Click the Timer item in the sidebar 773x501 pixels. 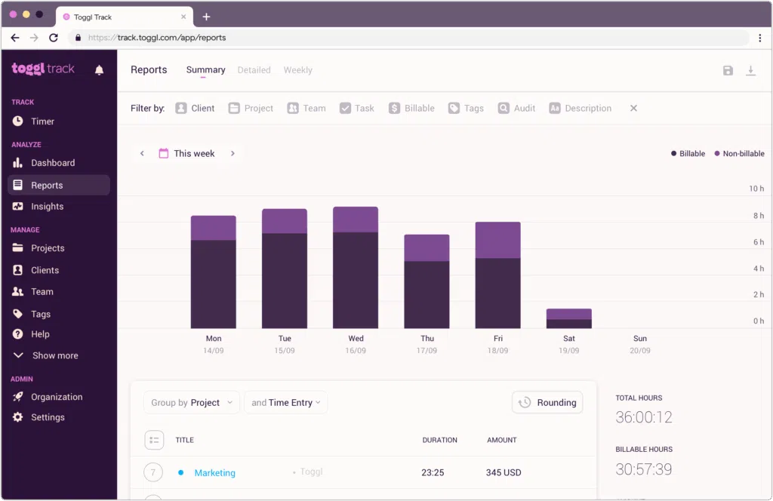(42, 121)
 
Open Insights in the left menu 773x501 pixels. (47, 207)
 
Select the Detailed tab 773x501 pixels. (254, 70)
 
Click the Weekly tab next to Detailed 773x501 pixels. (297, 70)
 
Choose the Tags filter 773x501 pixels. (466, 109)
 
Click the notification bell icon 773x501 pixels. (99, 70)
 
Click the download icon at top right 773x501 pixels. (750, 70)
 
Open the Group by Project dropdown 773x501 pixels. (192, 403)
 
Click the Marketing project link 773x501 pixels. (214, 473)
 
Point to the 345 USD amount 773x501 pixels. (504, 473)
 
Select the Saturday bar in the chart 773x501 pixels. (568, 318)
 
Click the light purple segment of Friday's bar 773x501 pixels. (497, 240)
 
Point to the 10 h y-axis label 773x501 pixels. (756, 189)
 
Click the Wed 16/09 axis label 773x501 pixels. (356, 344)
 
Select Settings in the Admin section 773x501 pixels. (48, 417)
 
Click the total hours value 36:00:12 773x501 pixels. (644, 417)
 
